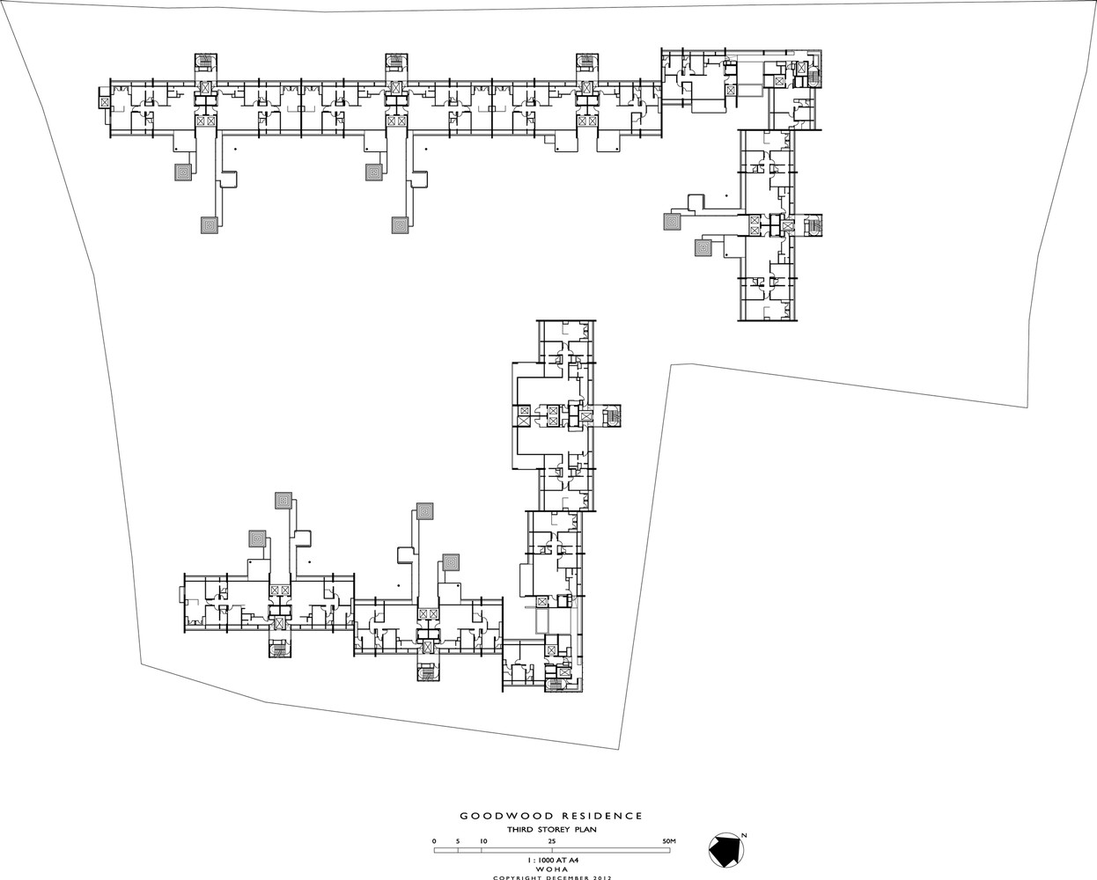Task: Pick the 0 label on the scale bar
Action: click(434, 841)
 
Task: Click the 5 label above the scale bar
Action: click(458, 841)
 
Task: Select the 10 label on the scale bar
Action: click(482, 841)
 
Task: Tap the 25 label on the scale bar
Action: click(552, 841)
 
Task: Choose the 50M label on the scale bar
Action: click(668, 841)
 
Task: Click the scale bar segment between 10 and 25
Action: click(518, 850)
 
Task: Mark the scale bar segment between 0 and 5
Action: click(446, 850)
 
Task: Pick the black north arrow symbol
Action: click(725, 850)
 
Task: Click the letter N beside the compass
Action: click(744, 834)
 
